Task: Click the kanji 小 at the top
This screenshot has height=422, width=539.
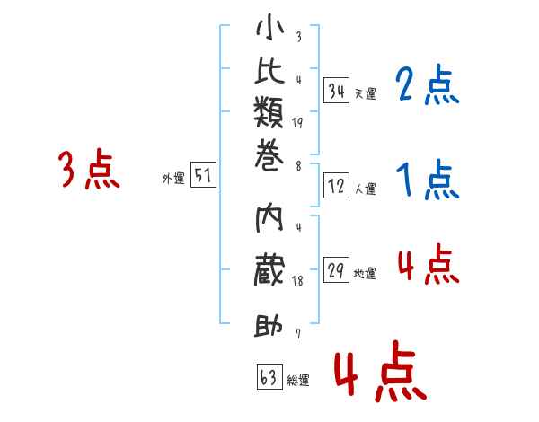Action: tap(269, 27)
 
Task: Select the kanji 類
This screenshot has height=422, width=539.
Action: tap(269, 111)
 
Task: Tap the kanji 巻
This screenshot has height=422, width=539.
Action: tap(269, 155)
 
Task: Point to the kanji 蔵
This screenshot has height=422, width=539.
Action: tap(269, 270)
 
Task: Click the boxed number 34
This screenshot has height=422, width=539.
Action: tap(336, 91)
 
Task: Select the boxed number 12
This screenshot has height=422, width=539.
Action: tap(336, 186)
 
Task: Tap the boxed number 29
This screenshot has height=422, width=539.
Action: tap(336, 270)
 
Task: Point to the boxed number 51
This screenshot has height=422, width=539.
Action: tap(203, 174)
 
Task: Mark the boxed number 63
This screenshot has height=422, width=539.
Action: tap(269, 376)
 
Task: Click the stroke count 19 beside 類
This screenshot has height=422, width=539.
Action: tap(297, 123)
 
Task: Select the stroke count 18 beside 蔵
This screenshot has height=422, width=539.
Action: tap(297, 281)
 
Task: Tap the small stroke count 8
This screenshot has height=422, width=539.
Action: tap(299, 166)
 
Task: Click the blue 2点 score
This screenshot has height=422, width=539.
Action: tap(428, 84)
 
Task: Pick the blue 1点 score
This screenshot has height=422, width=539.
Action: tap(428, 180)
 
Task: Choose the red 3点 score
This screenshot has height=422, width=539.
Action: tap(89, 169)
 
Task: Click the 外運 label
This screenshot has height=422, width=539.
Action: tap(173, 179)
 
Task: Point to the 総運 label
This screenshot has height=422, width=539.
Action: tap(298, 381)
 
